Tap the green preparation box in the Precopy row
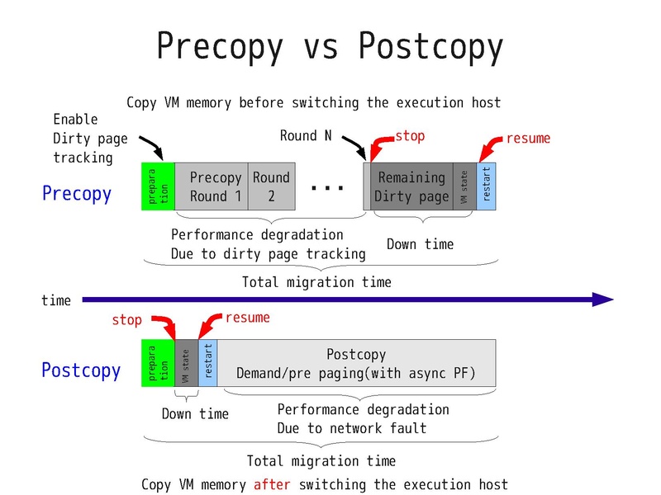pos(158,186)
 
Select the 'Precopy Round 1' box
pos(211,186)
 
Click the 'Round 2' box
pos(271,186)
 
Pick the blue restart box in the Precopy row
pos(486,186)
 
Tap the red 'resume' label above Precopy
pos(527,138)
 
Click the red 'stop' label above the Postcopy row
pos(126,319)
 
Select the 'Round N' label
pos(306,136)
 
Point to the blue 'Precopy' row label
pos(76,194)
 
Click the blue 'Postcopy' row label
pos(80,370)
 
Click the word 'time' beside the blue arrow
pos(56,301)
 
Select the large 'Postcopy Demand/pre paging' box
pos(356,364)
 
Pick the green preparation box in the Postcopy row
pos(158,363)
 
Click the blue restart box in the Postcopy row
pos(207,363)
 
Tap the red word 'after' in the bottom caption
pos(272,484)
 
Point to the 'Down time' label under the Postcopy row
pos(194,413)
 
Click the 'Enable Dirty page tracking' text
pos(83,138)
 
